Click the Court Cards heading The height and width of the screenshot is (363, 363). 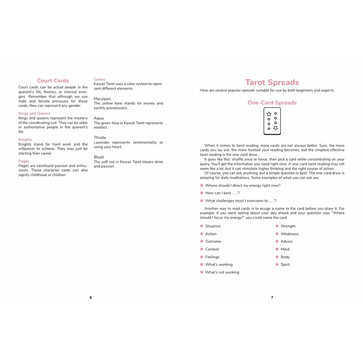click(x=53, y=81)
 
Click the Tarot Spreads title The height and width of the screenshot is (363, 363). click(x=272, y=83)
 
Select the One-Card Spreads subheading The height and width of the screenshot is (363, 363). click(x=272, y=103)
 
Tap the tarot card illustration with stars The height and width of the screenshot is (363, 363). click(x=272, y=121)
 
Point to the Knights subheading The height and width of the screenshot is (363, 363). click(x=25, y=140)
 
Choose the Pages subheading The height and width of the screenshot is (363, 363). click(x=24, y=161)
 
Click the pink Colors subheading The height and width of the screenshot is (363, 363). click(x=99, y=79)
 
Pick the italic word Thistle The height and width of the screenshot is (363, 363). click(x=100, y=138)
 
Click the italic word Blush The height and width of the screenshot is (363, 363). click(x=99, y=157)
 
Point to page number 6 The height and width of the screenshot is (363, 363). click(x=91, y=297)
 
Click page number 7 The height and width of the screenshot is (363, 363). click(x=272, y=297)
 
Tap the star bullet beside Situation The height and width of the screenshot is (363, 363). click(x=202, y=226)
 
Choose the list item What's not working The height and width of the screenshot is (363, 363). click(x=222, y=273)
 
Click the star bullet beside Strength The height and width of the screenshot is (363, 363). click(x=277, y=226)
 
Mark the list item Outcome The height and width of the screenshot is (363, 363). click(x=213, y=242)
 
